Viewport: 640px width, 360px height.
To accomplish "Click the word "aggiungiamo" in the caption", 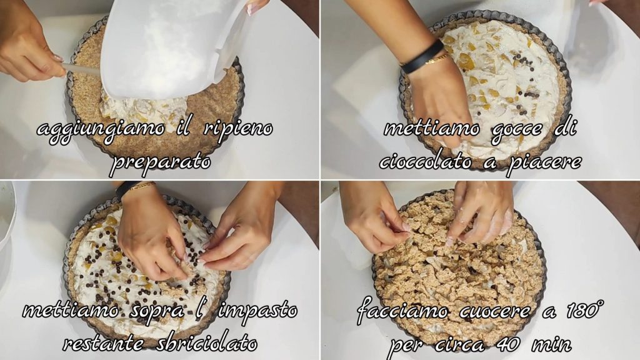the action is (x=101, y=130).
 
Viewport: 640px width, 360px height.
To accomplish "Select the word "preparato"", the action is (x=161, y=162).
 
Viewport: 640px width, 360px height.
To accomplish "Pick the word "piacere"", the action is (x=544, y=162).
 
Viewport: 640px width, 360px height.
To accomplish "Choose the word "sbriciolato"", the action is (x=207, y=343).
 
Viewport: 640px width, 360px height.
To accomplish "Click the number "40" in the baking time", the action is (x=507, y=344).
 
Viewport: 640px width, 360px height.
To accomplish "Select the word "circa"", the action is (x=459, y=344).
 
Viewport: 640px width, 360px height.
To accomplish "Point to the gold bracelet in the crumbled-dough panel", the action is (x=141, y=187).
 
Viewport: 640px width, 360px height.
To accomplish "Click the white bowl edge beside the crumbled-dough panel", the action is (x=6, y=216).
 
